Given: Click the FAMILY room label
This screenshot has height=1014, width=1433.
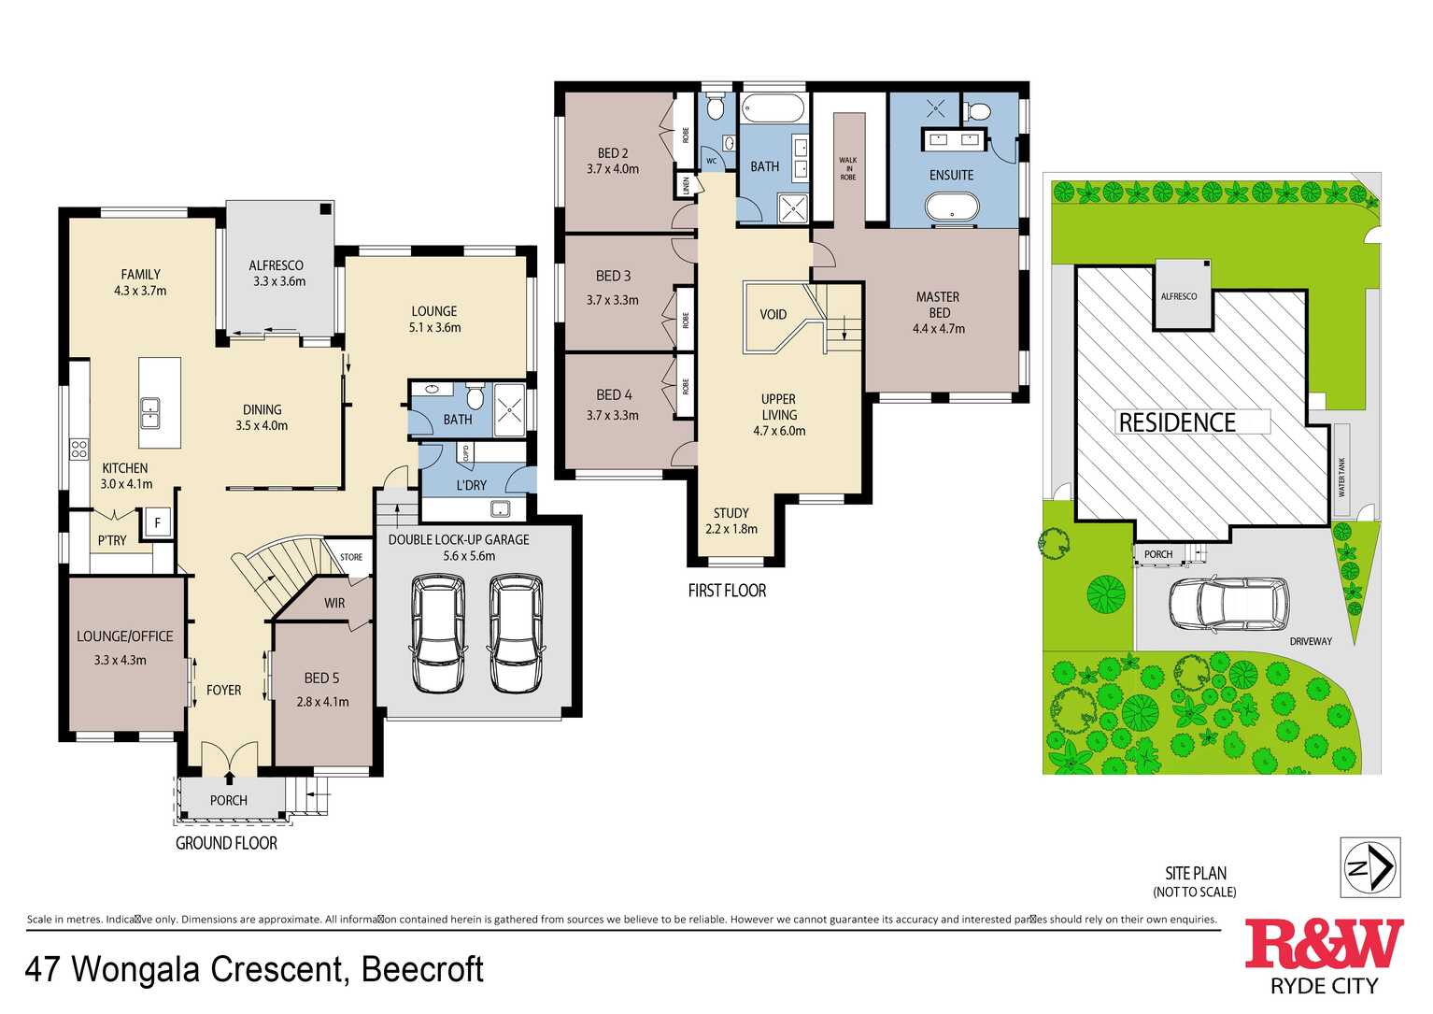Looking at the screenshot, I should [x=140, y=274].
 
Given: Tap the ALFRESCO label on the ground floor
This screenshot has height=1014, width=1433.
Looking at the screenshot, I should [x=276, y=265].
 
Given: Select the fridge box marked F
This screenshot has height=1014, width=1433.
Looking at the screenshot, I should [x=158, y=523].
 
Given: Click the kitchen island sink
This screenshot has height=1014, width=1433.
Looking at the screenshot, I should [x=149, y=412].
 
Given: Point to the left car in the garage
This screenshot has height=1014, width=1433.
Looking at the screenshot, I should [x=439, y=634].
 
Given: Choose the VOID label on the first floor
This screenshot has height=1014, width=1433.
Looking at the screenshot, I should [x=773, y=315].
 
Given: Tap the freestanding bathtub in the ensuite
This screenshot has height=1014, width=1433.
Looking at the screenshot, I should [x=952, y=206].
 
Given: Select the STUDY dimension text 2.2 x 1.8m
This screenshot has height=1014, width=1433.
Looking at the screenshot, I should [x=731, y=529].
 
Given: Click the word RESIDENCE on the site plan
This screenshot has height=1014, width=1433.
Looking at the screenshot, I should [x=1177, y=422].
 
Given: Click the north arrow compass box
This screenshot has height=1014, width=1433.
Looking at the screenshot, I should [x=1370, y=868].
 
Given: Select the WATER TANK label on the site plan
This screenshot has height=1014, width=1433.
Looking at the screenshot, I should [x=1342, y=477].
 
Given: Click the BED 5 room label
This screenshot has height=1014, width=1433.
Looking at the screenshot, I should [x=321, y=678].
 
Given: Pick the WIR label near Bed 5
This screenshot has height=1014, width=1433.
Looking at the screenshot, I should [x=334, y=603].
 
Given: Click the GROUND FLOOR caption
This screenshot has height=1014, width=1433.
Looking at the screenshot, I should [x=226, y=843].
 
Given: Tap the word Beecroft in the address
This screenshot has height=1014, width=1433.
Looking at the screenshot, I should [x=422, y=970].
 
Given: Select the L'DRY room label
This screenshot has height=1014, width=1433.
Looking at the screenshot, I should [x=471, y=485].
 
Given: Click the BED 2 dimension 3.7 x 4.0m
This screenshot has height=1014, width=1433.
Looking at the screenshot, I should [x=613, y=169].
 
